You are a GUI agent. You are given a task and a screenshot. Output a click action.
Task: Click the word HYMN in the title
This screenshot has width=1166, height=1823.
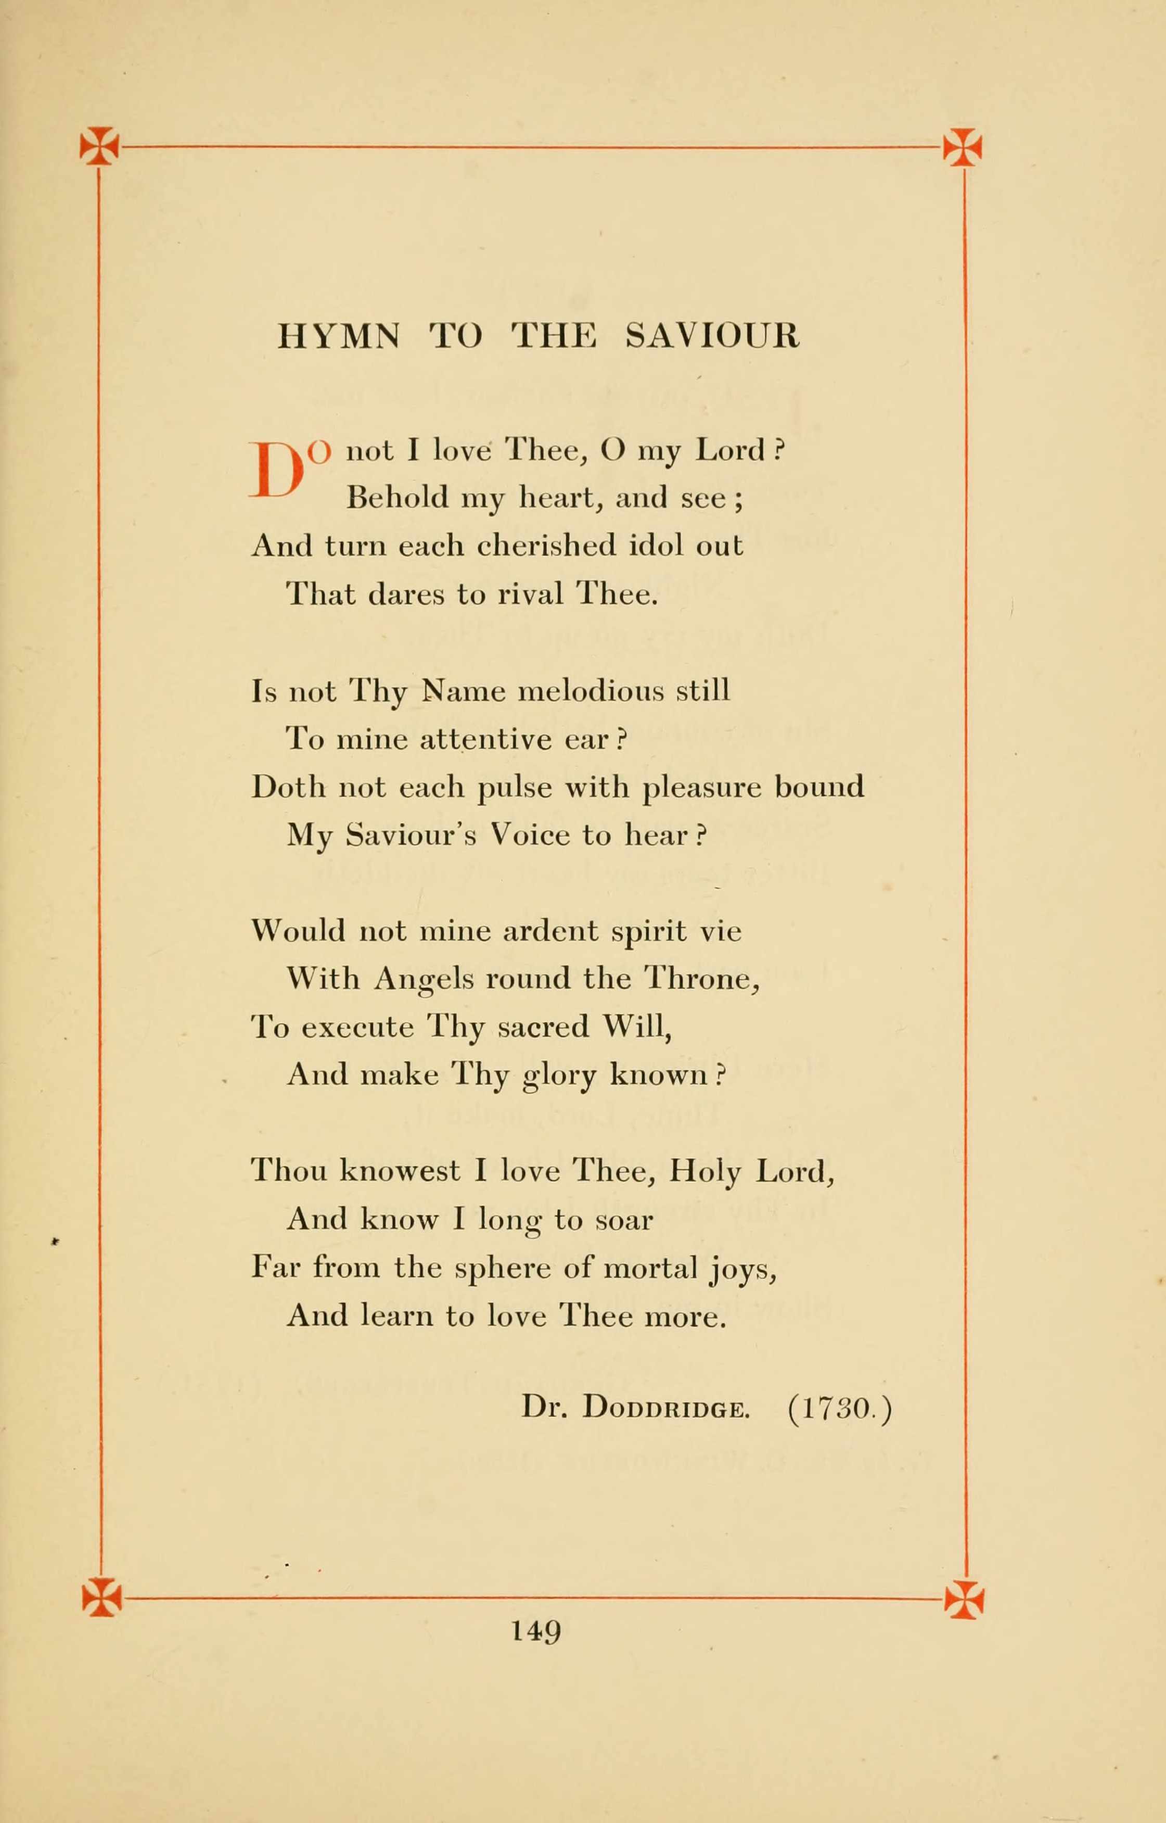tap(338, 336)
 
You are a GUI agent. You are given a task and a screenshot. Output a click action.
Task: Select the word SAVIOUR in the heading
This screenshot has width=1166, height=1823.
tap(712, 336)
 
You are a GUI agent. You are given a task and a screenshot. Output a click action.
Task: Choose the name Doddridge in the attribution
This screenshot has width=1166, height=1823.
tap(667, 1409)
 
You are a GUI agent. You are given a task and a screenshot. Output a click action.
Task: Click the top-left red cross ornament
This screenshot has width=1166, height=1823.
tap(99, 146)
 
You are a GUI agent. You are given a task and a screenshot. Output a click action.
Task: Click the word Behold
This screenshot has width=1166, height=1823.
tap(398, 498)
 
